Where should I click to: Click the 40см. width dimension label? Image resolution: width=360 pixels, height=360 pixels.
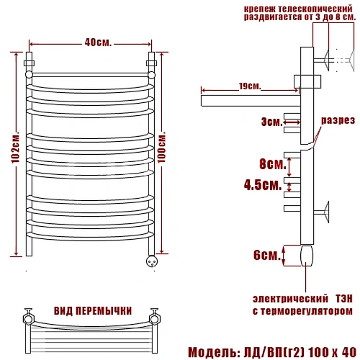(98, 42)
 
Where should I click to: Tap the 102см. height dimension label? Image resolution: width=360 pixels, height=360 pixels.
(16, 147)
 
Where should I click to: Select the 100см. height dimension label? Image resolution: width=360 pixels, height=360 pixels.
(162, 147)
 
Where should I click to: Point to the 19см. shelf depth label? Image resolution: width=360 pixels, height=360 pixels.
(250, 86)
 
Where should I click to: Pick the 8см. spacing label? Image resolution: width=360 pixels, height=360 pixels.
(273, 164)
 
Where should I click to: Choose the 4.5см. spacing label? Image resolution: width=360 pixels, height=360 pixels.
(263, 185)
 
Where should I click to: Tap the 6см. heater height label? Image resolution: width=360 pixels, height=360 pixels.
(267, 255)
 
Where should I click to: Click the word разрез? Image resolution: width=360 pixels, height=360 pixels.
(338, 120)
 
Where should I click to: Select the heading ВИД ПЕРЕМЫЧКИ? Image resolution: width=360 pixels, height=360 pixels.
(93, 311)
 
